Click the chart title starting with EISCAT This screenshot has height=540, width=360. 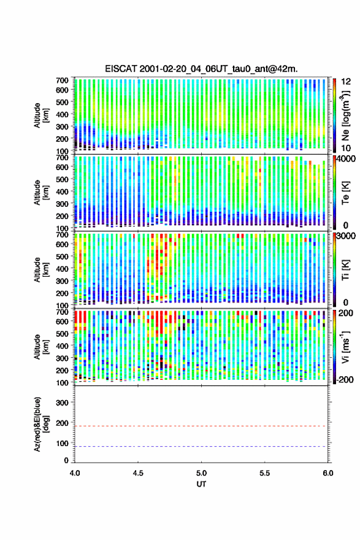tap(201, 69)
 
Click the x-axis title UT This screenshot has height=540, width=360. tap(201, 484)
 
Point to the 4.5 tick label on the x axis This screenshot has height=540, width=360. tap(138, 473)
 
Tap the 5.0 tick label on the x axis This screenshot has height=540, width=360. tap(201, 473)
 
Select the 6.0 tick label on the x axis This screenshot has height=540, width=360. tap(328, 473)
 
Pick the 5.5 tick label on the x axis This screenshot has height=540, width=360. tap(265, 473)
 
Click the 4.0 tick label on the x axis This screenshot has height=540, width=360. tap(75, 473)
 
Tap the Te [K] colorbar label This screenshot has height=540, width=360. tap(345, 193)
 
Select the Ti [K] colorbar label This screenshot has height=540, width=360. tap(345, 269)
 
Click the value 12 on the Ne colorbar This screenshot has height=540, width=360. tap(347, 82)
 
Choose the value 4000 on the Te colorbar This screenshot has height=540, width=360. tap(346, 159)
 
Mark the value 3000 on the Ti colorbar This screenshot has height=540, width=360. tap(346, 236)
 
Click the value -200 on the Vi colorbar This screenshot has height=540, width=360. tap(345, 379)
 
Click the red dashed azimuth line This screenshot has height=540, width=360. tap(201, 426)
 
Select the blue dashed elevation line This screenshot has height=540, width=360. tap(201, 446)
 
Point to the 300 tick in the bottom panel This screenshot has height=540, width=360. tap(62, 403)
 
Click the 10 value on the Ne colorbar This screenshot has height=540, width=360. tap(347, 148)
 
